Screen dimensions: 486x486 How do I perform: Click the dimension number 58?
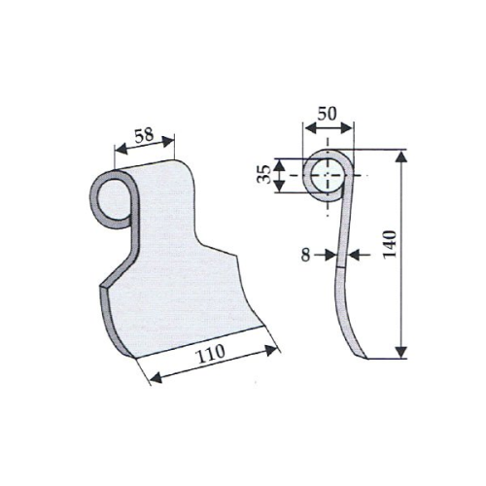click(x=144, y=135)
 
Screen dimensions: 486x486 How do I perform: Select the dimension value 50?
click(x=327, y=114)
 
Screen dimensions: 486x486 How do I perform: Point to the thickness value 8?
click(x=305, y=255)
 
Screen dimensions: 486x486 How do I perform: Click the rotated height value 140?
click(x=390, y=244)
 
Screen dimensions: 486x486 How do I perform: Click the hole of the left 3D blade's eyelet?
click(x=114, y=200)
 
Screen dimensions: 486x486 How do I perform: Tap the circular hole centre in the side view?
click(x=328, y=175)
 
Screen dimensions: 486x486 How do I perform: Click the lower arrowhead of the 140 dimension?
click(x=401, y=352)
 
